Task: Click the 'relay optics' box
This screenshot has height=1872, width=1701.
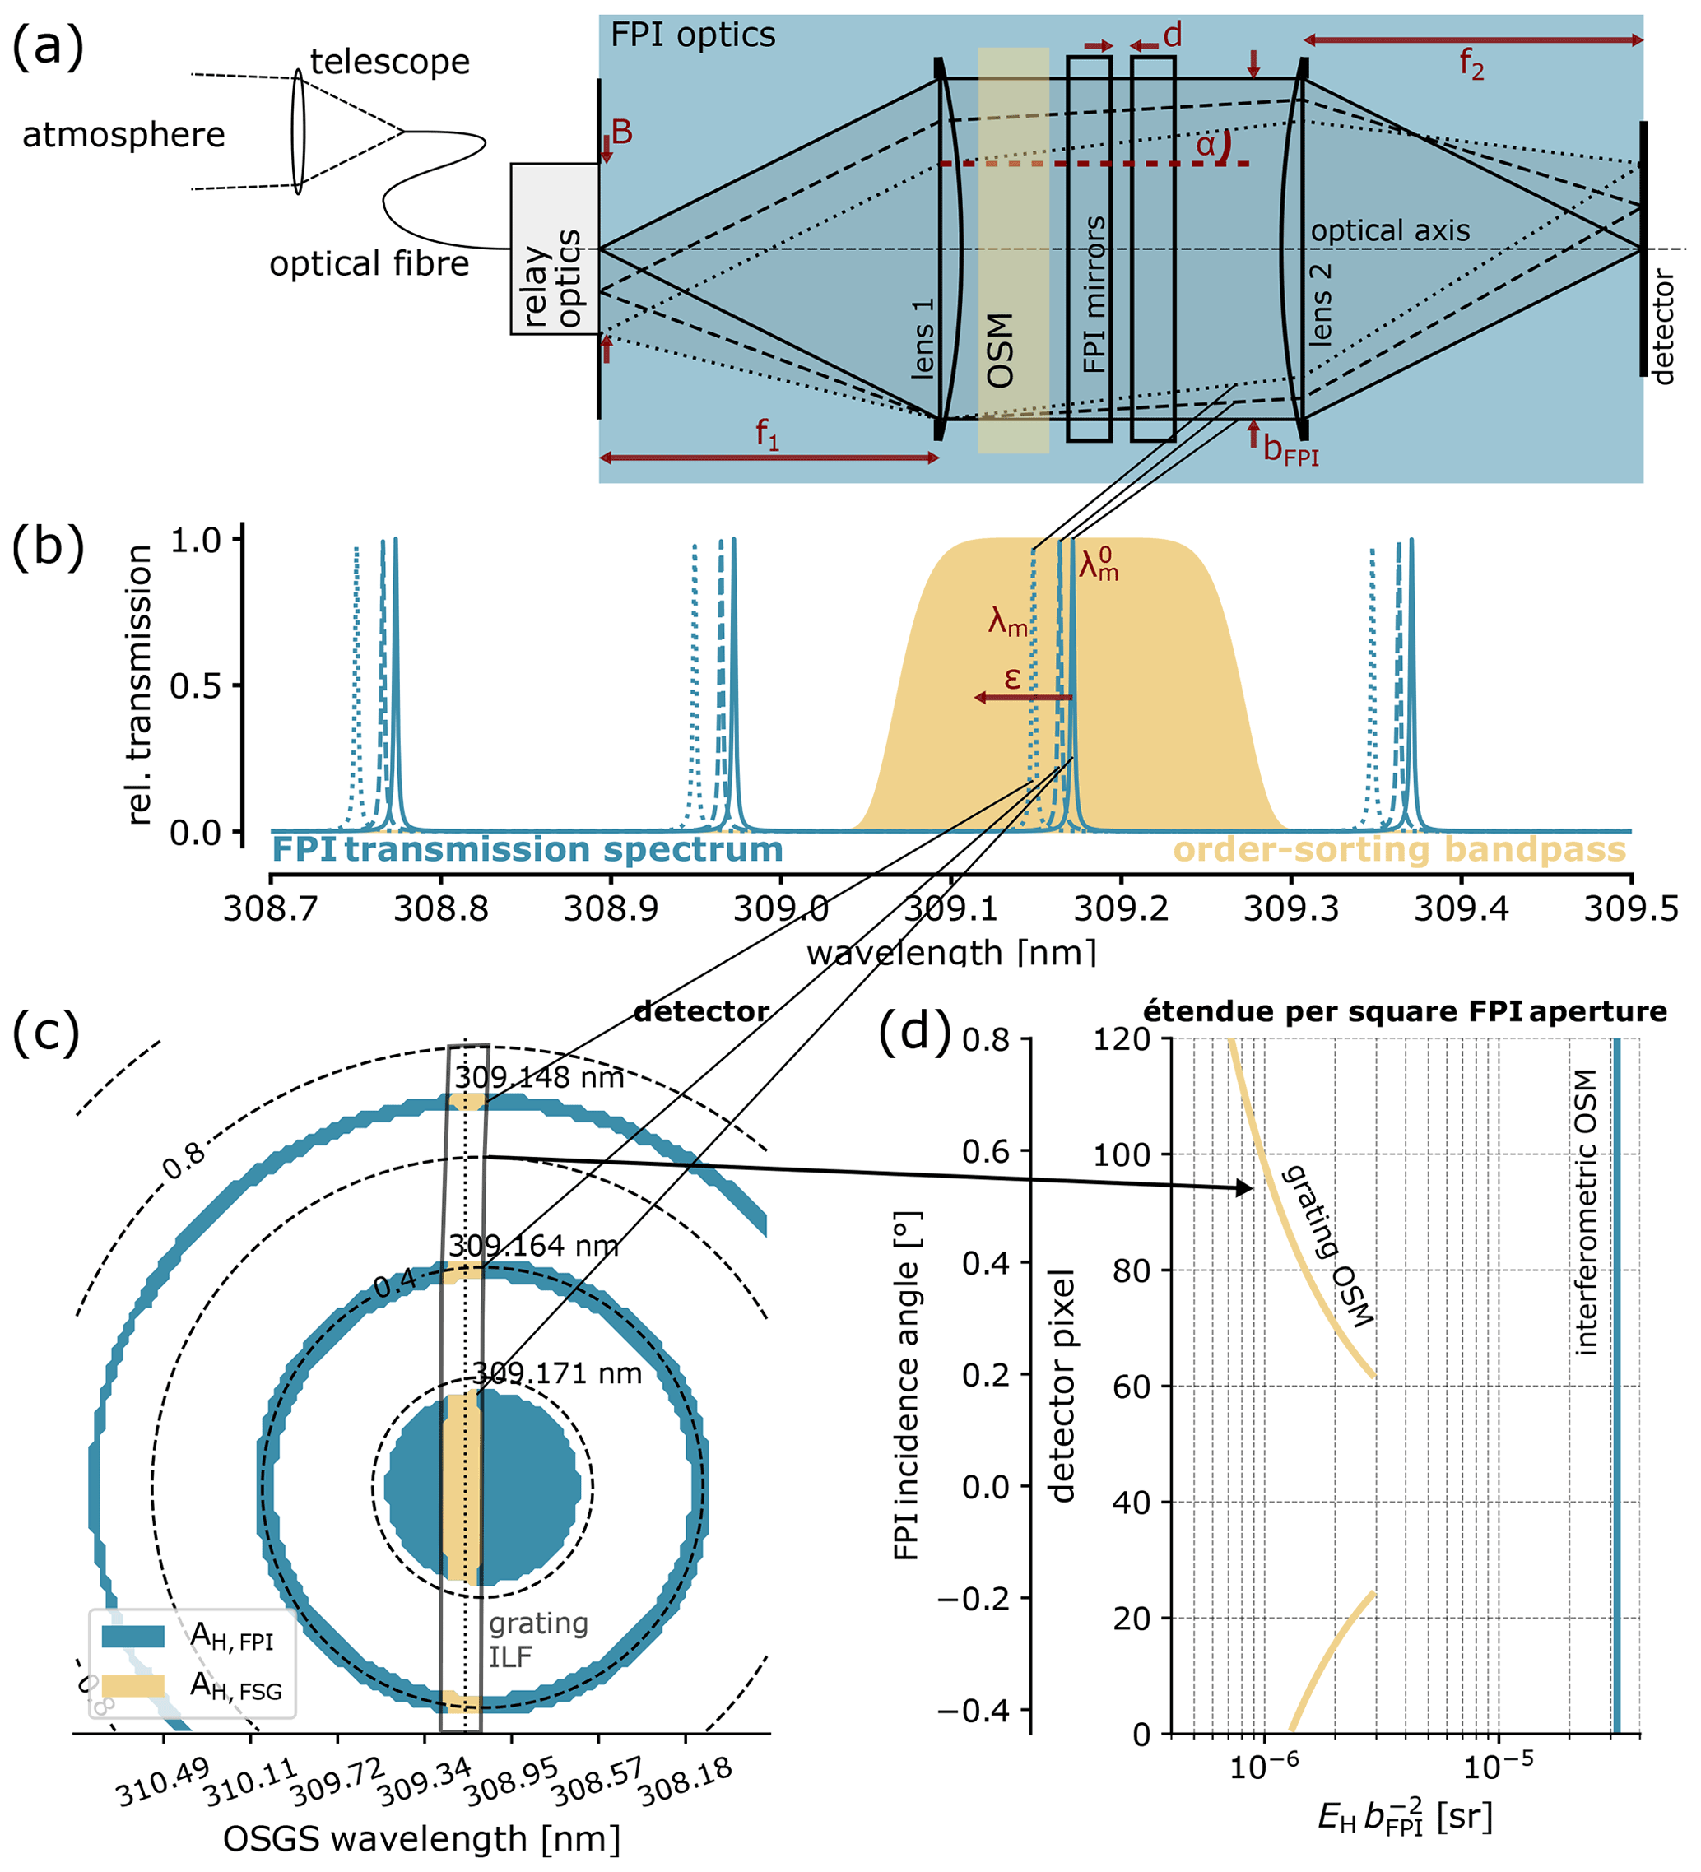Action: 555,249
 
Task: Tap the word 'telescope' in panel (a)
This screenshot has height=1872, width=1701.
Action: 390,63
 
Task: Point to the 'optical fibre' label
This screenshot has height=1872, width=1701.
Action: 369,265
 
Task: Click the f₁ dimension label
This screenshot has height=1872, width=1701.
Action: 766,434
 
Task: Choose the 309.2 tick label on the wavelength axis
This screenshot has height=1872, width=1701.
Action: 1121,908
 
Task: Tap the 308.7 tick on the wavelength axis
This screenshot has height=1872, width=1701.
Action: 270,908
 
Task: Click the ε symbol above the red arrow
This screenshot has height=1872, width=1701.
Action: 1012,678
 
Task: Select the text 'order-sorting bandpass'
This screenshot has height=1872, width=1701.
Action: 1399,850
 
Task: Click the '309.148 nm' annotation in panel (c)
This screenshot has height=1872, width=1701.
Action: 538,1077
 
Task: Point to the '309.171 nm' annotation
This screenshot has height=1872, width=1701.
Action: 557,1373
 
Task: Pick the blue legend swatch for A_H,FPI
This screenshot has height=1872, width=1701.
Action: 132,1636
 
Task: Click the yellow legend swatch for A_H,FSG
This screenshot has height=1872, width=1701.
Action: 132,1685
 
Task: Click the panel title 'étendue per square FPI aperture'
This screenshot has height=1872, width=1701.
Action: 1405,1011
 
